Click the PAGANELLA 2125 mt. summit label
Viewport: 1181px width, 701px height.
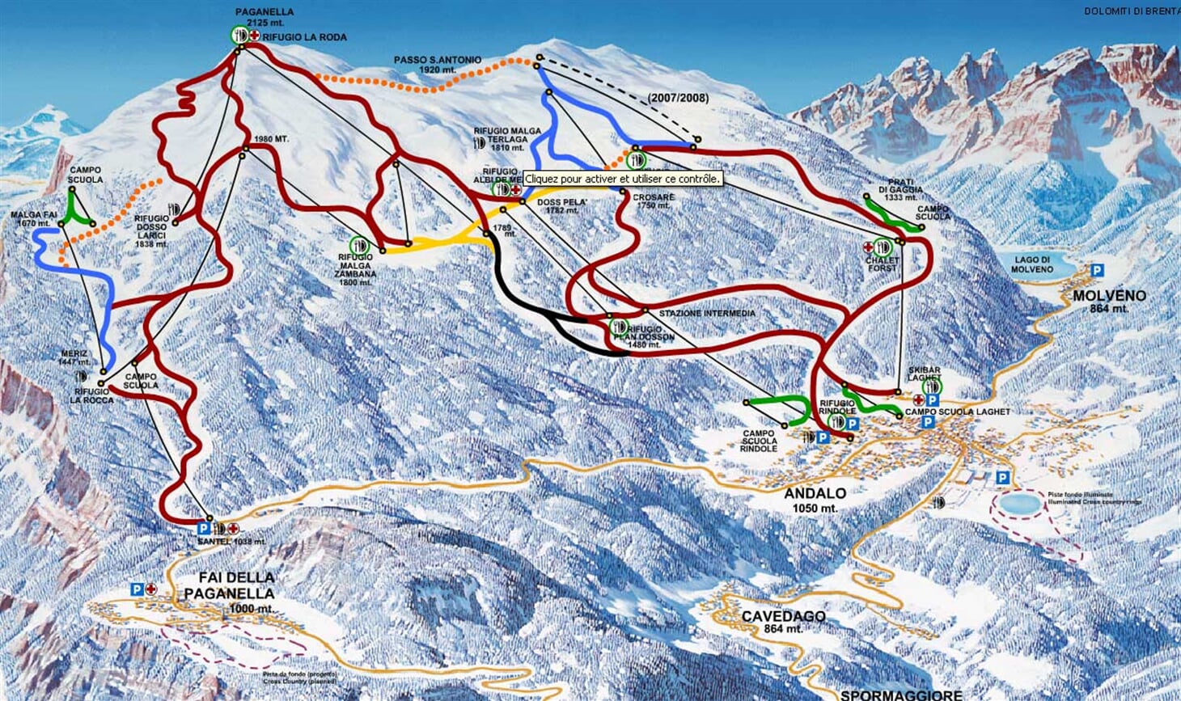pyautogui.click(x=265, y=18)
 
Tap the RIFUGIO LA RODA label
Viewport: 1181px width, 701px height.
pyautogui.click(x=304, y=37)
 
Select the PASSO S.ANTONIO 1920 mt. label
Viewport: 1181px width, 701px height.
pyautogui.click(x=438, y=65)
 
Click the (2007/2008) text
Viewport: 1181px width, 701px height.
pyautogui.click(x=678, y=98)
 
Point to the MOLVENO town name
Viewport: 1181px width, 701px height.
pyautogui.click(x=1109, y=297)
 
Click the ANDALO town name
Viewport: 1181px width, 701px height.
pyautogui.click(x=815, y=493)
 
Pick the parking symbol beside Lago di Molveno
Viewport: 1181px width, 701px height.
pyautogui.click(x=1097, y=270)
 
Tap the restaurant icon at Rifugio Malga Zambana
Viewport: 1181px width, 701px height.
pyautogui.click(x=359, y=244)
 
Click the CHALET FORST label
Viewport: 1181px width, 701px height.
pyautogui.click(x=883, y=264)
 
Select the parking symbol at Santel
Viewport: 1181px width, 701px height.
pyautogui.click(x=204, y=528)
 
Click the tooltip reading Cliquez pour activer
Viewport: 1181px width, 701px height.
pyautogui.click(x=622, y=179)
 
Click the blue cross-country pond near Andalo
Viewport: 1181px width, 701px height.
pyautogui.click(x=1020, y=504)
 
